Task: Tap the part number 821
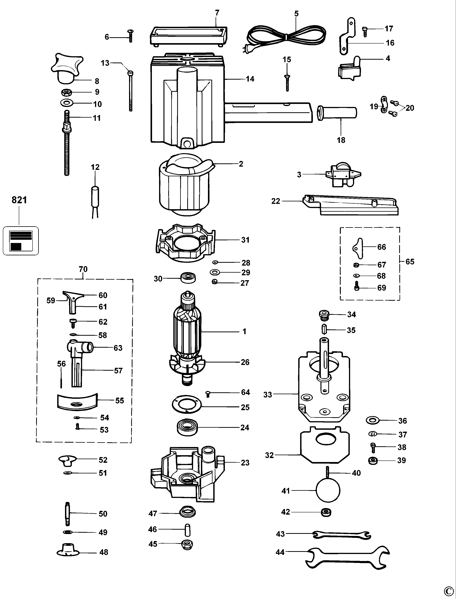pyautogui.click(x=19, y=200)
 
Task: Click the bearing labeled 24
pyautogui.click(x=187, y=428)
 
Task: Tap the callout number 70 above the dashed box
pyautogui.click(x=83, y=269)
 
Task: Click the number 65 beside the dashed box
pyautogui.click(x=410, y=262)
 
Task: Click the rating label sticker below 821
pyautogui.click(x=21, y=241)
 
